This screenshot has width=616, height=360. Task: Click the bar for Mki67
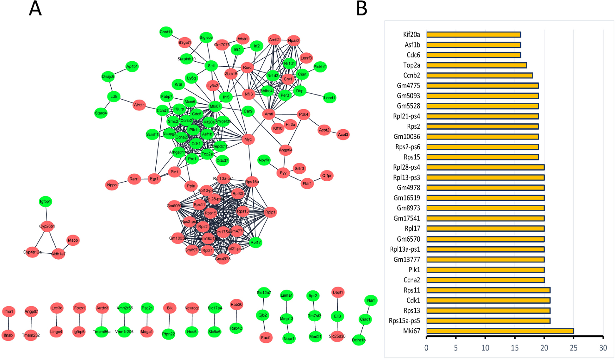(500, 331)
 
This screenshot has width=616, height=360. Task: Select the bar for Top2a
(476, 65)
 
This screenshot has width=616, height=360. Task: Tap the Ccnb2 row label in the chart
(411, 75)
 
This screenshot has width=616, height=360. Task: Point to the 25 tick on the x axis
(574, 348)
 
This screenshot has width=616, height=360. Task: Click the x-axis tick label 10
(485, 348)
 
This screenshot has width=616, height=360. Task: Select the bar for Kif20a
(474, 35)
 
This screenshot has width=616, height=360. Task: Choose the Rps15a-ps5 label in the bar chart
(404, 321)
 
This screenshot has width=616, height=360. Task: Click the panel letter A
(35, 8)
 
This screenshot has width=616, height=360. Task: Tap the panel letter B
(362, 8)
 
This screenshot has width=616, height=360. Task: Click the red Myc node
(248, 140)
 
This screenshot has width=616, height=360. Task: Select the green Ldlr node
(114, 97)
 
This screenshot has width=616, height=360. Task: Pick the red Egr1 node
(155, 179)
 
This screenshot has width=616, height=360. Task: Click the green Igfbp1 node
(45, 202)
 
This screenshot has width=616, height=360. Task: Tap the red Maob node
(73, 240)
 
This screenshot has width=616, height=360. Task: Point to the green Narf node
(371, 300)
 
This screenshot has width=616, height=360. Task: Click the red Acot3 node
(343, 135)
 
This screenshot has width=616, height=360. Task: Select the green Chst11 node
(166, 32)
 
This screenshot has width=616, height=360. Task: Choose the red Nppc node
(112, 185)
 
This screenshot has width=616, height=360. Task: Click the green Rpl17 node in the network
(256, 242)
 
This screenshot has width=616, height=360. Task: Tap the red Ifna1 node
(8, 312)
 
